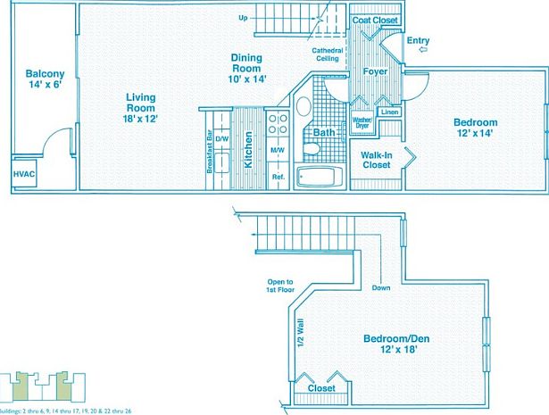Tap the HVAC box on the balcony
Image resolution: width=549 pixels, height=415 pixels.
tap(23, 174)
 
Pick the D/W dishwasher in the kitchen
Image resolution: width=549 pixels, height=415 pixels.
tap(221, 140)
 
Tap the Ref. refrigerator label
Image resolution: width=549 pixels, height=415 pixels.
tap(278, 176)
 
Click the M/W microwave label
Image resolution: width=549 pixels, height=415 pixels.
tap(277, 150)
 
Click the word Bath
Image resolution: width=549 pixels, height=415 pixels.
tap(325, 133)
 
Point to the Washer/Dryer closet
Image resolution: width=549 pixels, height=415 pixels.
tap(362, 122)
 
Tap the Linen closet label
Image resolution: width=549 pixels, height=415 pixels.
tap(388, 112)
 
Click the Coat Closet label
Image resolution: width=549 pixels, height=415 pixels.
tap(374, 20)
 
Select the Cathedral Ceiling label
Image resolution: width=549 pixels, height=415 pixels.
tap(327, 55)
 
